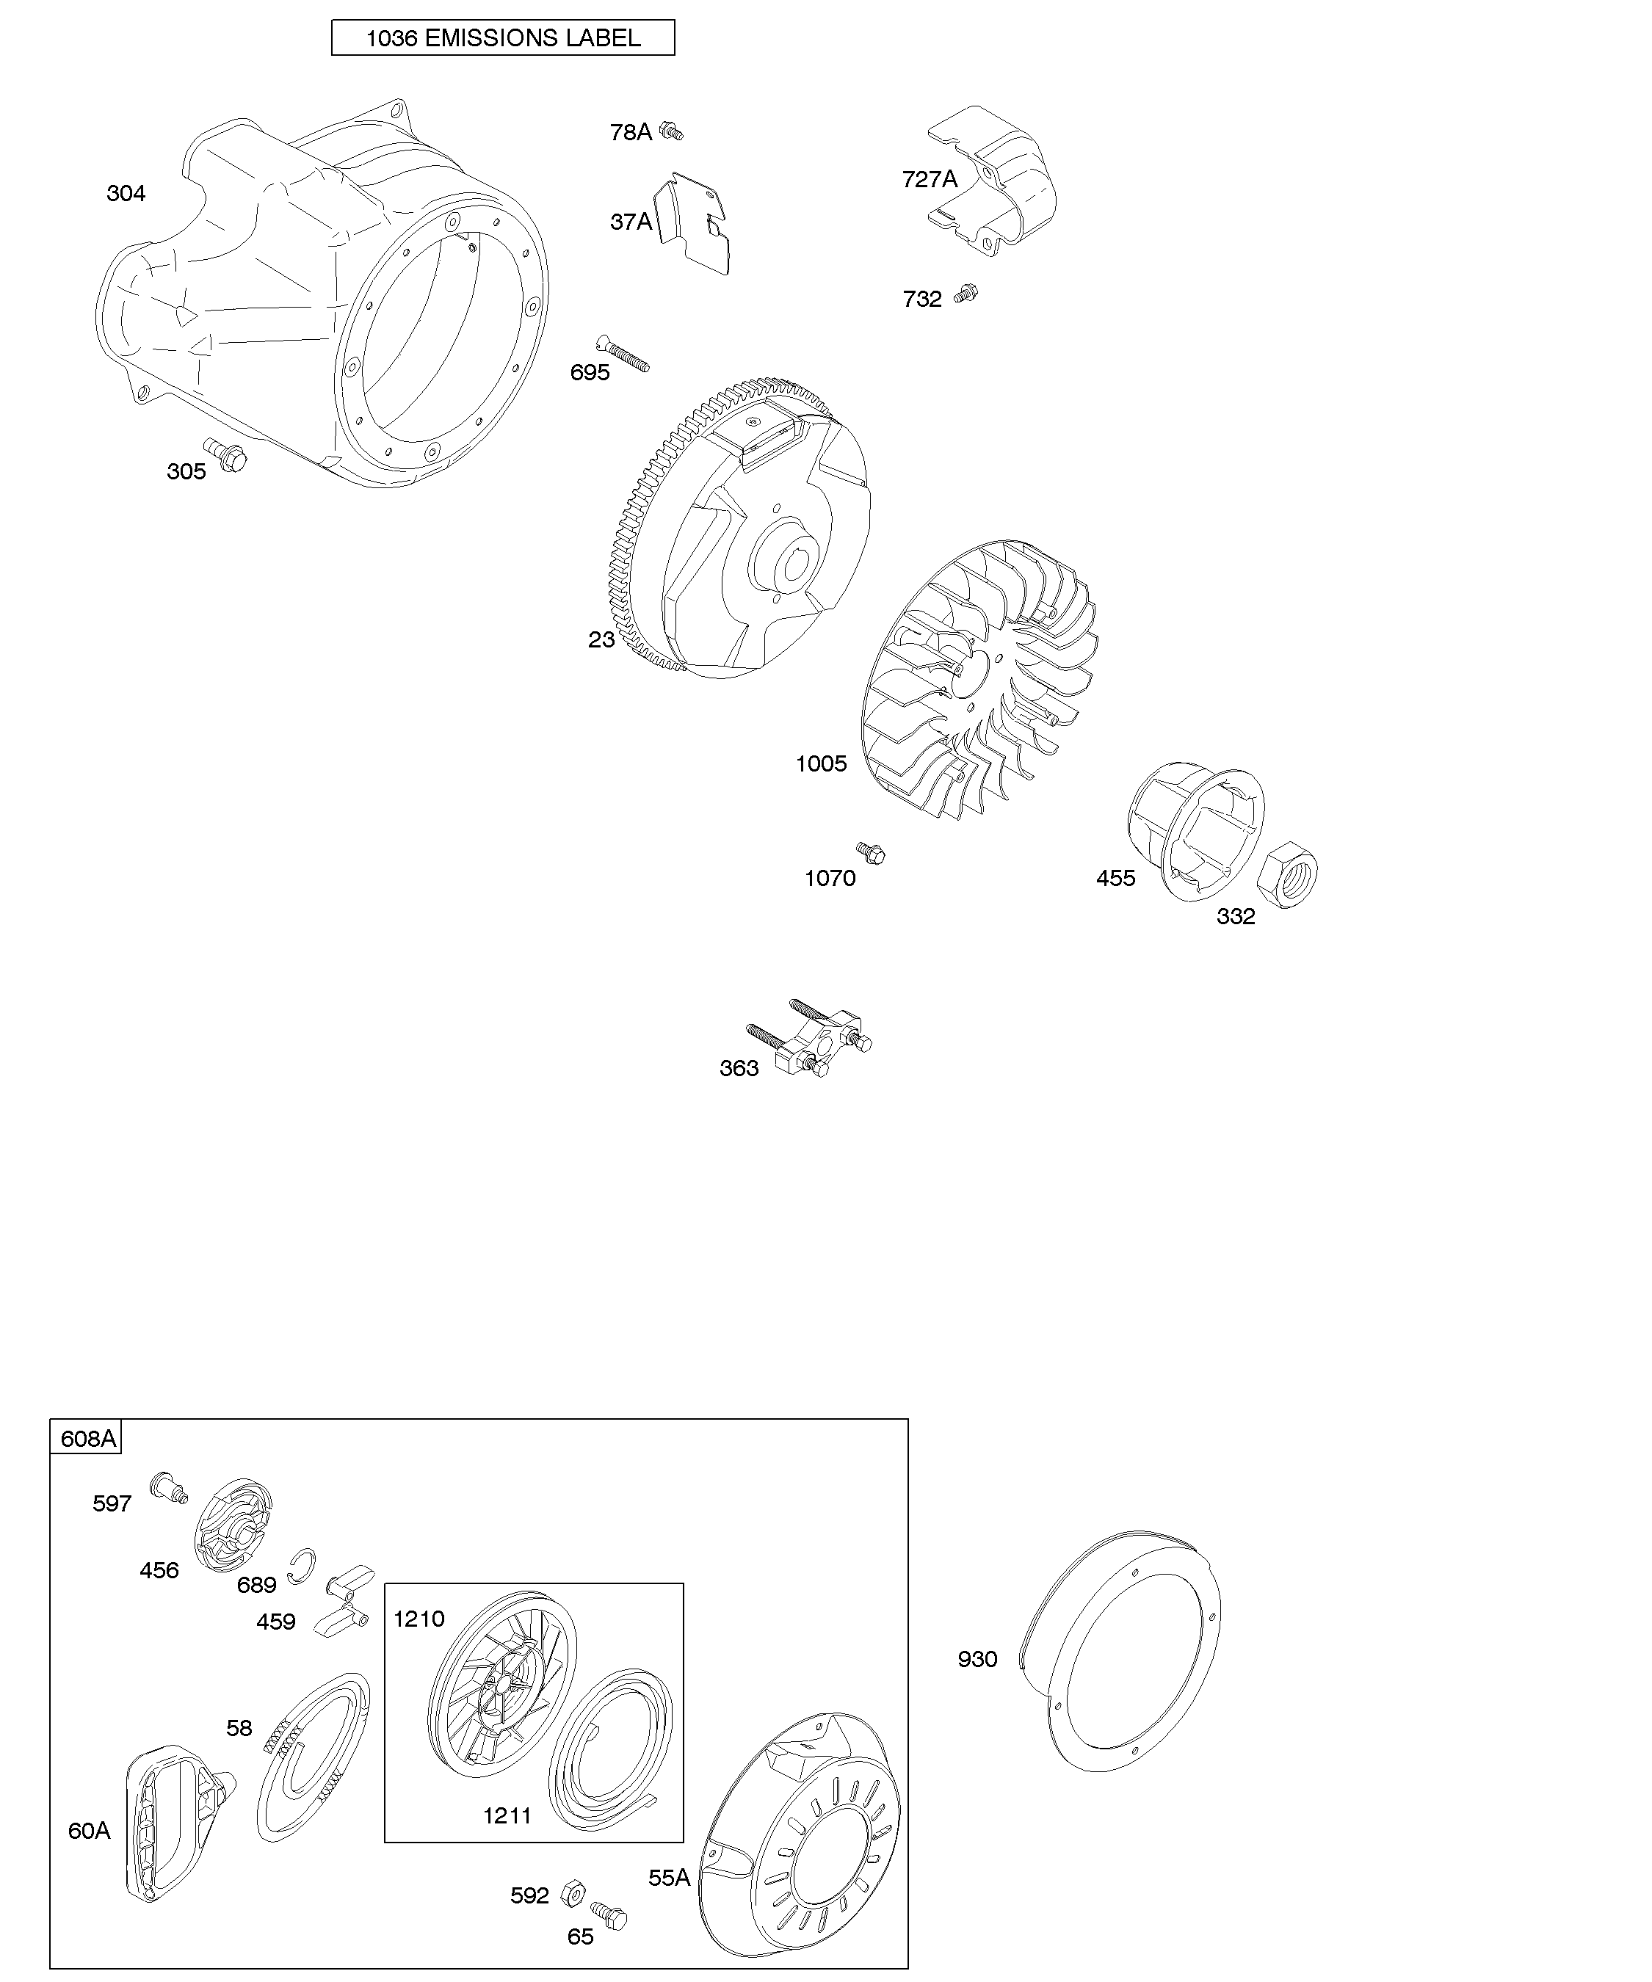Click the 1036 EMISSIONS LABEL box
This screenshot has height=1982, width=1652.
click(x=502, y=37)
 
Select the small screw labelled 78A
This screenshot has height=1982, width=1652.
click(x=671, y=131)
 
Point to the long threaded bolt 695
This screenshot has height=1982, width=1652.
click(x=622, y=353)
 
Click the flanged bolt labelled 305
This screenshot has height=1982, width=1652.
click(x=225, y=455)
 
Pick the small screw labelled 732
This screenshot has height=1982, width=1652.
click(x=966, y=294)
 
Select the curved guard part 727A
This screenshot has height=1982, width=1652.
click(x=991, y=181)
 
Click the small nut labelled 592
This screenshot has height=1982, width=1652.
click(x=572, y=1887)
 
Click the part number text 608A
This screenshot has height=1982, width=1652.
click(x=88, y=1438)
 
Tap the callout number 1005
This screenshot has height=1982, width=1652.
click(x=822, y=763)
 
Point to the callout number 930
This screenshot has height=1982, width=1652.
click(x=977, y=1659)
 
